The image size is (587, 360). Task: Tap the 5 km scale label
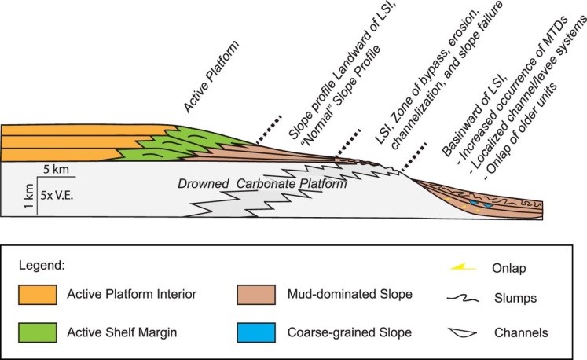[57, 170]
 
